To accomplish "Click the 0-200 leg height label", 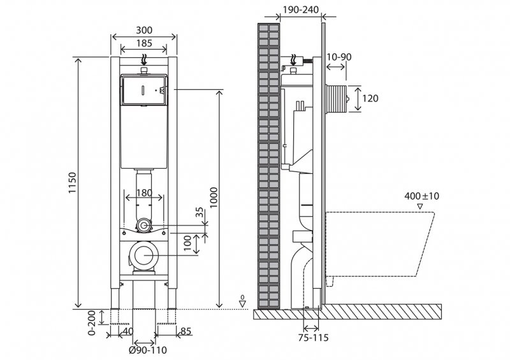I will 91,323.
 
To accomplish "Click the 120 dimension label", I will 370,98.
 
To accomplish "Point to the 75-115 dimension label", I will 312,338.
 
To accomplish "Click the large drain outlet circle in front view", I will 144,256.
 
